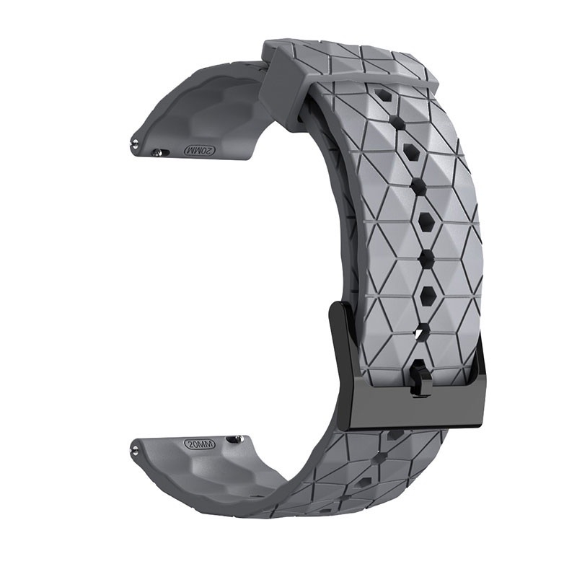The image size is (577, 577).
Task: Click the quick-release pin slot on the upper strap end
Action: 161,152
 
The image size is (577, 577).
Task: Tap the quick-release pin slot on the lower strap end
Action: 237,439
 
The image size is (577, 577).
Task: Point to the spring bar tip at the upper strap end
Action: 134,141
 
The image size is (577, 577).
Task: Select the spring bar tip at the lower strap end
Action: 135,448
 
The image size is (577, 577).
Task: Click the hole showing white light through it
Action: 419,333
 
